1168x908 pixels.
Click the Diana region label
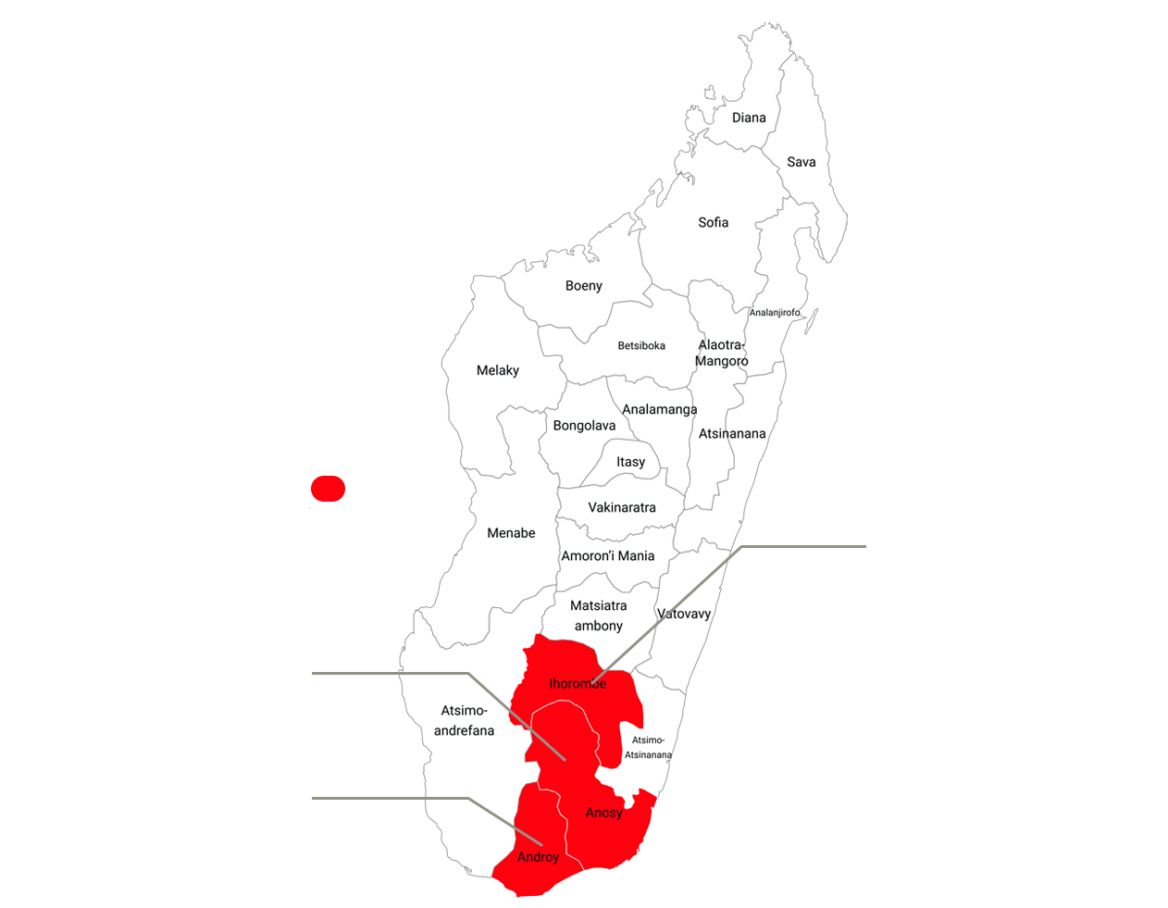coord(749,118)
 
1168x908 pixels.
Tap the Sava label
coord(801,162)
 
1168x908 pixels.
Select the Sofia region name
coord(714,222)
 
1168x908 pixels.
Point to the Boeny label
coord(584,286)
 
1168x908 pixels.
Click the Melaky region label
coord(498,370)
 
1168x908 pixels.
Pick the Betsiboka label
coord(641,346)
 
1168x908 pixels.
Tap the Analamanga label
coord(660,409)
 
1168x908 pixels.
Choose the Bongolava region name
coord(584,426)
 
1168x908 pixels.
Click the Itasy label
coord(631,462)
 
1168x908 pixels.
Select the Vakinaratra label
coord(622,507)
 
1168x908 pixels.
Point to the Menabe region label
coord(512,533)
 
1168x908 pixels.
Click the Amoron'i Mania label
coord(608,556)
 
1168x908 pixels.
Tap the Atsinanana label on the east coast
coord(732,433)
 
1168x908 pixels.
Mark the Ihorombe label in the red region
coord(578,684)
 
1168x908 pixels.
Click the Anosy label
coord(603,813)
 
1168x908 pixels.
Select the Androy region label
coord(538,857)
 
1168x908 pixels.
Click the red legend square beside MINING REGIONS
coord(329,488)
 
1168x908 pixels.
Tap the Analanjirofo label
coord(776,313)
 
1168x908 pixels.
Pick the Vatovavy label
coord(684,614)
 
